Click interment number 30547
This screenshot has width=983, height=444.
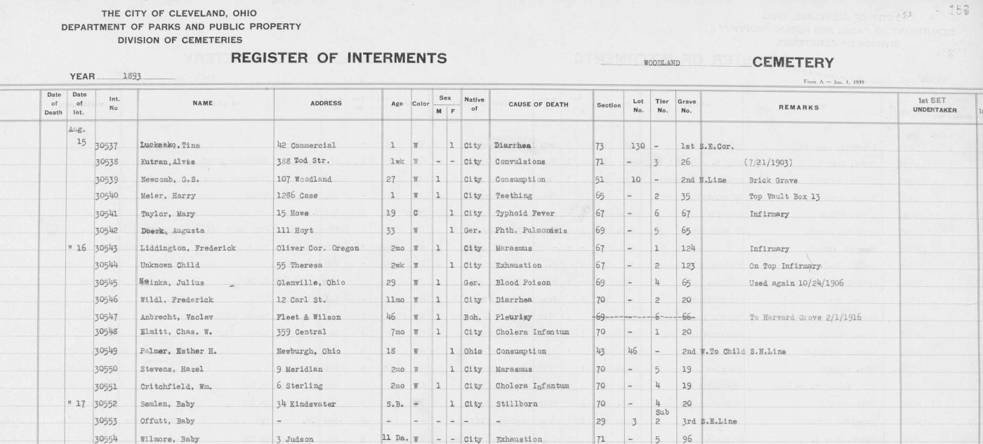click(x=105, y=317)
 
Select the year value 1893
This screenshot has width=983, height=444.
click(x=131, y=76)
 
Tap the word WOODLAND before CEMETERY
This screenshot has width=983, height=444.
click(x=663, y=62)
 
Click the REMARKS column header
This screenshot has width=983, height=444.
click(x=798, y=107)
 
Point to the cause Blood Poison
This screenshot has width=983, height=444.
click(x=522, y=283)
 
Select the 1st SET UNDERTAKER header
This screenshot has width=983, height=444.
click(x=935, y=106)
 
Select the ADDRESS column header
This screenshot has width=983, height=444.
click(x=326, y=104)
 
